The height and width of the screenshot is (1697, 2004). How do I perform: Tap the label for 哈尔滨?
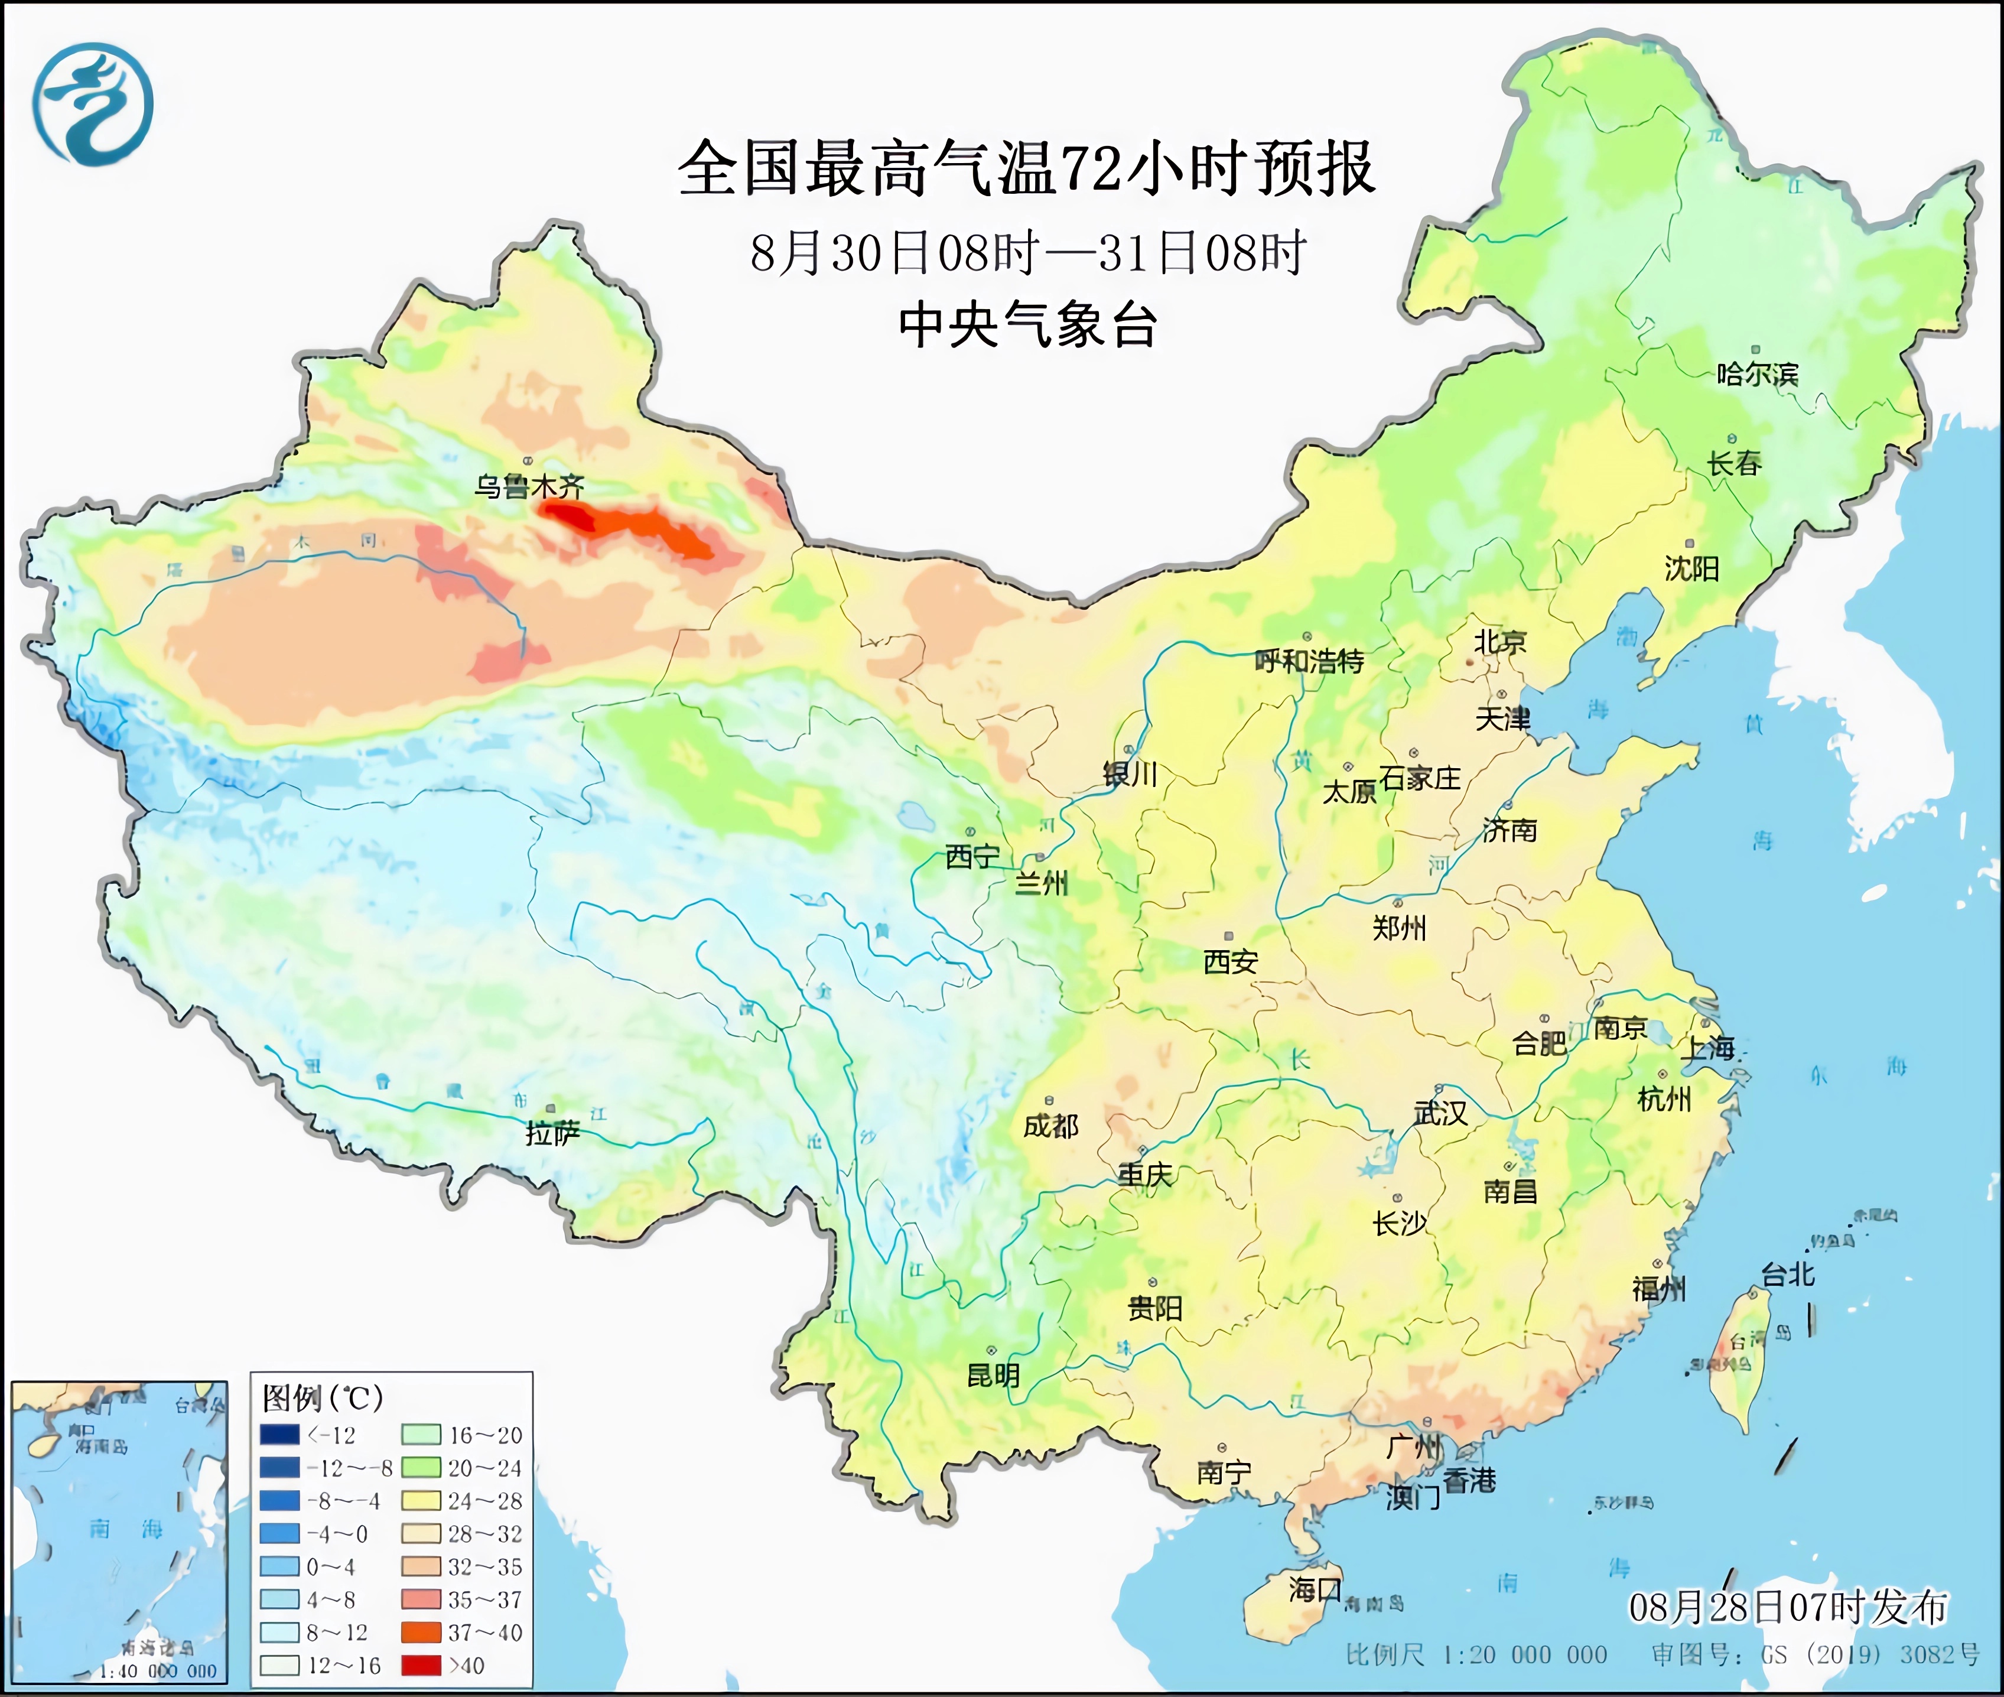[x=1756, y=374]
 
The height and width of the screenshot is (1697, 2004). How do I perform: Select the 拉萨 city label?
[x=552, y=1133]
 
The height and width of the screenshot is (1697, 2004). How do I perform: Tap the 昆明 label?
[x=993, y=1376]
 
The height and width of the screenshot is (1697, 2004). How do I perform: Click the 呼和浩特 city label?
[x=1309, y=661]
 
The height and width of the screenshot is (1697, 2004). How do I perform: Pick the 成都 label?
[x=1050, y=1126]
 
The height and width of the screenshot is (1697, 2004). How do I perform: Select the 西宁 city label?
[x=972, y=856]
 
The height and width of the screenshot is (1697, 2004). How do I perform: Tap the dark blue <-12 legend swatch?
[x=279, y=1435]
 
